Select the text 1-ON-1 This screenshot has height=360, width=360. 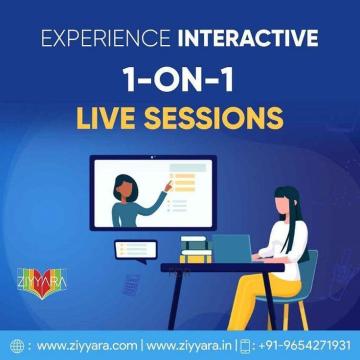point(180,82)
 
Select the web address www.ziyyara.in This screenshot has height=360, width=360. point(190,346)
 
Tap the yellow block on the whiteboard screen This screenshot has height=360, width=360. point(181,184)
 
